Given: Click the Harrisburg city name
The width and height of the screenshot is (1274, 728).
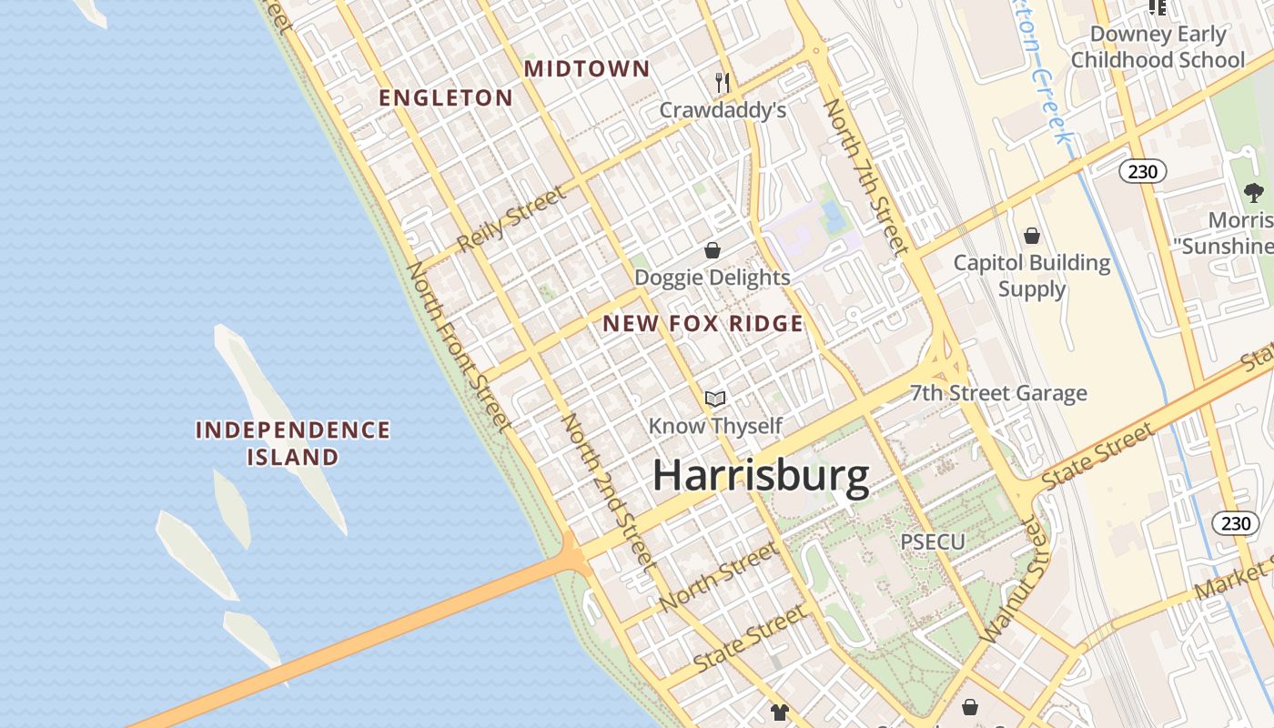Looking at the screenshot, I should pyautogui.click(x=761, y=477).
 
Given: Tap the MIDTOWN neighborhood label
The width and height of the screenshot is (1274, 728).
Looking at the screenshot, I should pyautogui.click(x=587, y=69).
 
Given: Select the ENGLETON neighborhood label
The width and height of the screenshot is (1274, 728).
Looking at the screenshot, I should pyautogui.click(x=446, y=98).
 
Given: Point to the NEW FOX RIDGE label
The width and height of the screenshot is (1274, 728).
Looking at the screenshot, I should pyautogui.click(x=703, y=324).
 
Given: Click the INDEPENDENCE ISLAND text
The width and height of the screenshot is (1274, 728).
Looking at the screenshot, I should pyautogui.click(x=293, y=443).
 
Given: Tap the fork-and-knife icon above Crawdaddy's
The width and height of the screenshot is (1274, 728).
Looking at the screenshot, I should pyautogui.click(x=723, y=83).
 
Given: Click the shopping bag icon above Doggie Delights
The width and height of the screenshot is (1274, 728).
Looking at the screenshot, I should pyautogui.click(x=713, y=250).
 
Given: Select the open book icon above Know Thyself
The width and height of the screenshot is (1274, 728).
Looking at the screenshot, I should pyautogui.click(x=715, y=399).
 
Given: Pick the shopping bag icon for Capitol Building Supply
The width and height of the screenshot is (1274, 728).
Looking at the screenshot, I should pyautogui.click(x=1031, y=237).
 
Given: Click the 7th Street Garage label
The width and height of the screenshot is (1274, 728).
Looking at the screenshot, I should pyautogui.click(x=998, y=393).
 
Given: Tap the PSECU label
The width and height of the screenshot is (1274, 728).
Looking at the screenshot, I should pyautogui.click(x=932, y=541).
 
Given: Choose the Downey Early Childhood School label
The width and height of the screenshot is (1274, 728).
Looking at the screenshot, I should pyautogui.click(x=1158, y=47).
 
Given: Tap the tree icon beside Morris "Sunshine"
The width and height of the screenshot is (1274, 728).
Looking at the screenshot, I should pyautogui.click(x=1253, y=192).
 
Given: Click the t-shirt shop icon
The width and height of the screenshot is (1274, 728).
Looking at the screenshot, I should pyautogui.click(x=779, y=712).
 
